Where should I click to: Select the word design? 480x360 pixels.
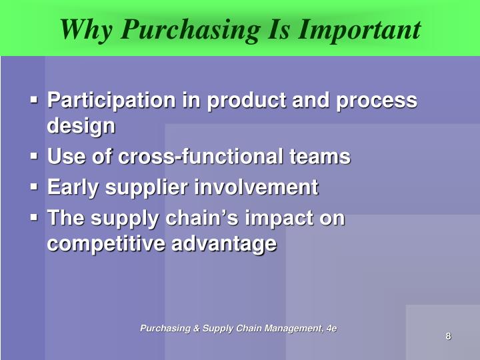81,126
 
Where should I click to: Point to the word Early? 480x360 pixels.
71,188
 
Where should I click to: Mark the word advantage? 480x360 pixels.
224,244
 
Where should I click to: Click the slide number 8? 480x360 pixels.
448,336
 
